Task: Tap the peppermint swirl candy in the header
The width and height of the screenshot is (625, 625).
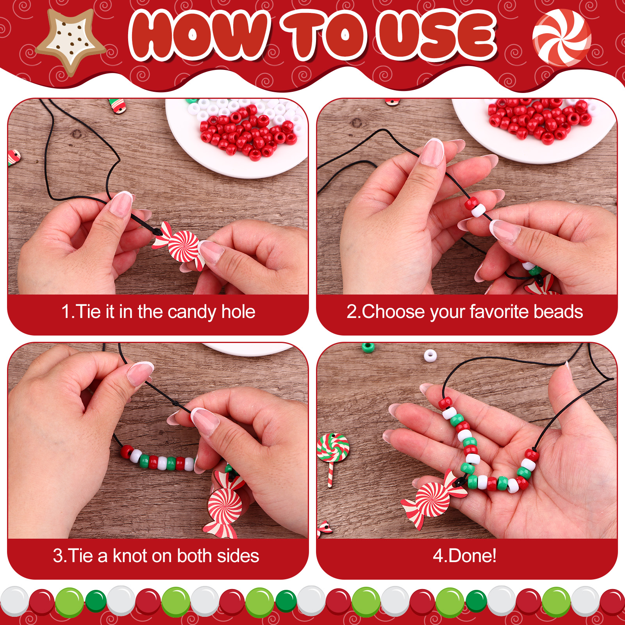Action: click(x=562, y=37)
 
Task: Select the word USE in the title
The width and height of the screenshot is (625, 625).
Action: click(x=437, y=36)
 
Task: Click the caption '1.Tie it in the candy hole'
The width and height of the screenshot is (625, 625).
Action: click(x=158, y=312)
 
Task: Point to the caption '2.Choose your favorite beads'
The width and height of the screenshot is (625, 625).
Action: click(x=465, y=312)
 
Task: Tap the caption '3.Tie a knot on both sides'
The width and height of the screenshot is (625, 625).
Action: click(x=156, y=555)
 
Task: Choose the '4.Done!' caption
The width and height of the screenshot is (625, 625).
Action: click(x=465, y=555)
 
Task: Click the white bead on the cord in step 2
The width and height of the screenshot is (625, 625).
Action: click(x=478, y=211)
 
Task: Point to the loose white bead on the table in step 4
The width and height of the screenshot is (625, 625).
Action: click(x=430, y=355)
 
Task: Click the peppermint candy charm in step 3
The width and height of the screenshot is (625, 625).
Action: click(x=224, y=508)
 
